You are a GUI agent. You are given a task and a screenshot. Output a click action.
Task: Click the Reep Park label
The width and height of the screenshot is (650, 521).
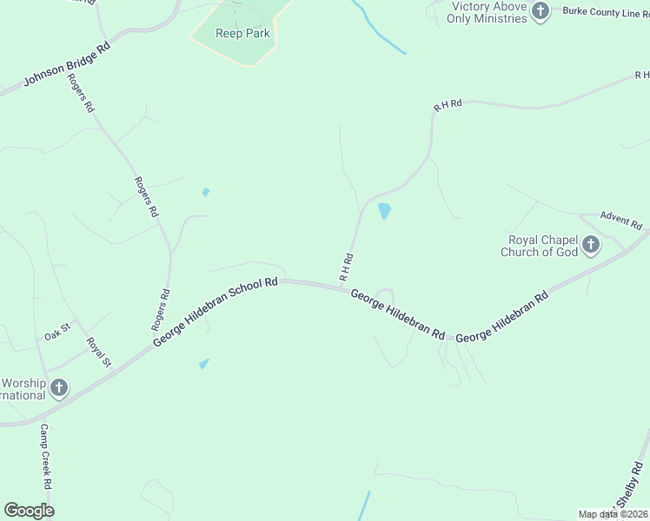point(243,34)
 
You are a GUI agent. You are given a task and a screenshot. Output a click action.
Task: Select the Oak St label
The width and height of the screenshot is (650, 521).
point(56,336)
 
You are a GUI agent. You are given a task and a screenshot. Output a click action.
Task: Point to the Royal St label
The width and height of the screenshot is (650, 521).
point(100,352)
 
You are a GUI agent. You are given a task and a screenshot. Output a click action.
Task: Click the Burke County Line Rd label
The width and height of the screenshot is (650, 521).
point(605,13)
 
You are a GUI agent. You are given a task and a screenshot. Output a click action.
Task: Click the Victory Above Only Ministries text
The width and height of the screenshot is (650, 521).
point(489,12)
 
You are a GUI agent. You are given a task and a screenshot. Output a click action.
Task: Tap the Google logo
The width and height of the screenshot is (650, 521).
point(29,511)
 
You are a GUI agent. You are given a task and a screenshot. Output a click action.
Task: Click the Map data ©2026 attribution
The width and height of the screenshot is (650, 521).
point(612,514)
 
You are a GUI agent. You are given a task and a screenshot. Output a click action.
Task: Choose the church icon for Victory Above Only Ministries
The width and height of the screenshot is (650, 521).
point(541,11)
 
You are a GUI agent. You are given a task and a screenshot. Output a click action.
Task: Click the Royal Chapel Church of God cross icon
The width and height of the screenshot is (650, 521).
point(591,245)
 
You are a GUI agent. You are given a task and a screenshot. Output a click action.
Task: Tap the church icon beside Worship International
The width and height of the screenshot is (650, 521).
point(58,387)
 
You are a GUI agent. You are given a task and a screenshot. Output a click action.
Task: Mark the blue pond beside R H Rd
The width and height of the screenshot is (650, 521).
point(384,211)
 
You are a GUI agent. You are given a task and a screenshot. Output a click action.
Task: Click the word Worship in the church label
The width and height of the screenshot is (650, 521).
point(23,382)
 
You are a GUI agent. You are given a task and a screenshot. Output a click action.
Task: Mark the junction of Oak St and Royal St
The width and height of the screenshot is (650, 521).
point(84,331)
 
